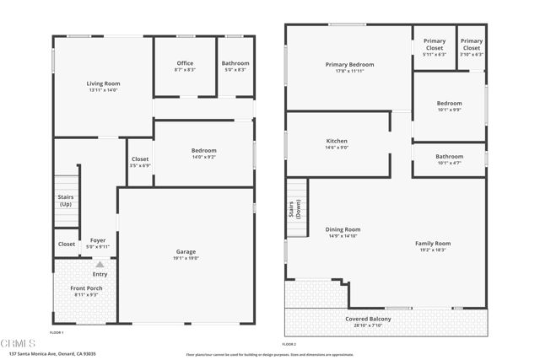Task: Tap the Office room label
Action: point(185,67)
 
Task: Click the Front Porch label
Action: point(88,291)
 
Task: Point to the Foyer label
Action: point(98,244)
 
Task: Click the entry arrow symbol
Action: point(100,265)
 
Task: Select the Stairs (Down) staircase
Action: point(296,208)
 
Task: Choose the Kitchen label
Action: point(337,144)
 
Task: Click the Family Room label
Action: point(433,246)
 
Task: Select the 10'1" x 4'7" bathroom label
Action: point(449,159)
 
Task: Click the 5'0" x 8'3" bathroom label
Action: point(235,67)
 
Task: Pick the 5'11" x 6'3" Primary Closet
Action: point(435,47)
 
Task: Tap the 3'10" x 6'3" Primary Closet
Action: point(472,47)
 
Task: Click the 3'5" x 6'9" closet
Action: point(140,162)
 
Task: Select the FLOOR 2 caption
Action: point(289,345)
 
